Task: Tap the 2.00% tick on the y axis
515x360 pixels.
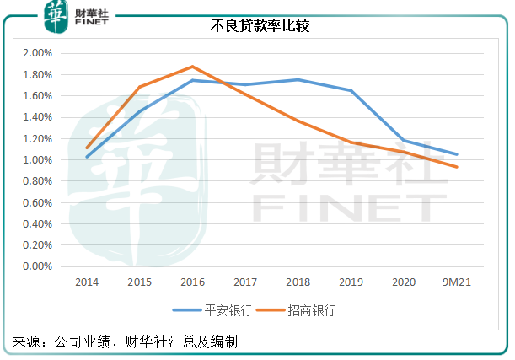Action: [37, 53]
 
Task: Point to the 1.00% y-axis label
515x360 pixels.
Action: [37, 160]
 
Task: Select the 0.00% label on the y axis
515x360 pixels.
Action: [37, 266]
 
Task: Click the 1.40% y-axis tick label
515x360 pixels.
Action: [37, 117]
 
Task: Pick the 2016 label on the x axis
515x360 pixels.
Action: [192, 282]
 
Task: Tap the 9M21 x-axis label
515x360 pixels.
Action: [456, 282]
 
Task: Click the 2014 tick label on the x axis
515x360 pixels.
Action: [87, 282]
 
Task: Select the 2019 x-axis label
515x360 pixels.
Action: [351, 282]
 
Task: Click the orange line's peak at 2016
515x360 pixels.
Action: [192, 67]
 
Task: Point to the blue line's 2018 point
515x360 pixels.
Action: [298, 80]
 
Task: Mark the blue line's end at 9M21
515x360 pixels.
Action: [456, 154]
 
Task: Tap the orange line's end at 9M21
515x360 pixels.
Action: [456, 167]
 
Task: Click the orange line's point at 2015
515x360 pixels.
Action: [140, 87]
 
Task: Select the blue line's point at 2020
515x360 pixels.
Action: [404, 141]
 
